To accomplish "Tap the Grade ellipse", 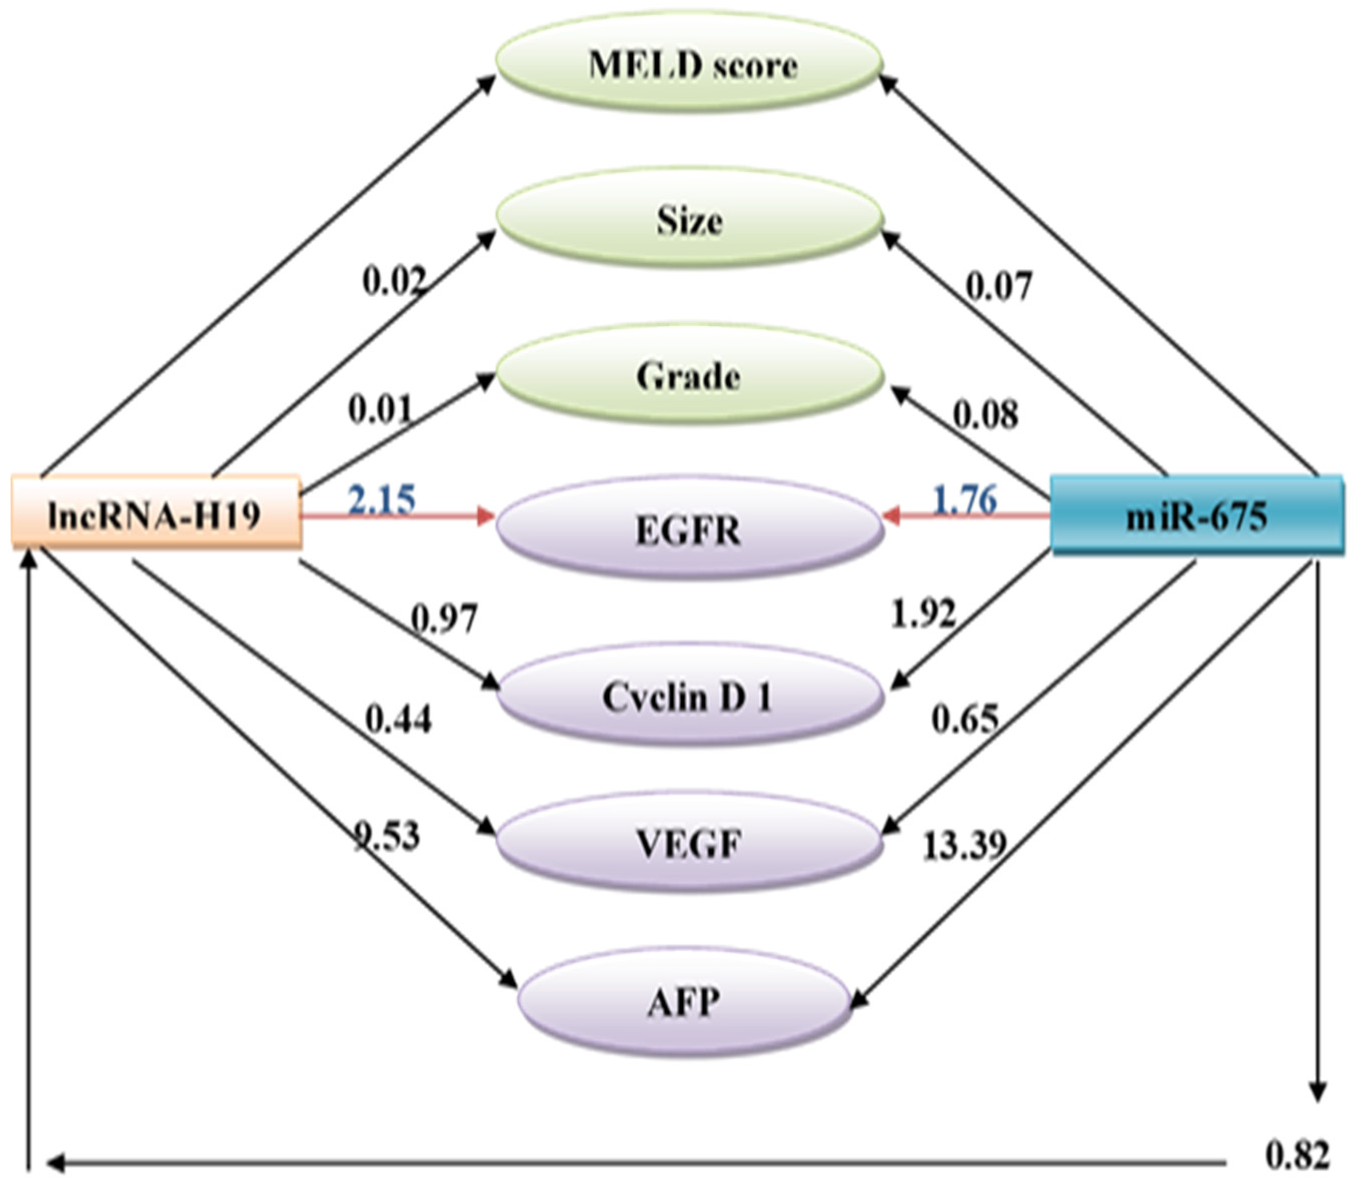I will click(x=689, y=376).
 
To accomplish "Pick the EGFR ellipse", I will click(x=689, y=529).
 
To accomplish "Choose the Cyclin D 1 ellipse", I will click(x=689, y=696).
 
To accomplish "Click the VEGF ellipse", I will click(x=689, y=843).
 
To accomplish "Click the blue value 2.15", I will click(x=382, y=499).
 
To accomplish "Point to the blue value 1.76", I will click(x=964, y=499).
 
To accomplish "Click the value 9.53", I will click(x=387, y=835).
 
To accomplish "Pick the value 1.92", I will click(x=923, y=614).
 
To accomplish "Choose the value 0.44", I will click(x=399, y=719).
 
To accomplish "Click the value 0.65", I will click(x=965, y=719).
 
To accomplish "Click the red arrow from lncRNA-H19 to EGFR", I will click(x=397, y=516).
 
